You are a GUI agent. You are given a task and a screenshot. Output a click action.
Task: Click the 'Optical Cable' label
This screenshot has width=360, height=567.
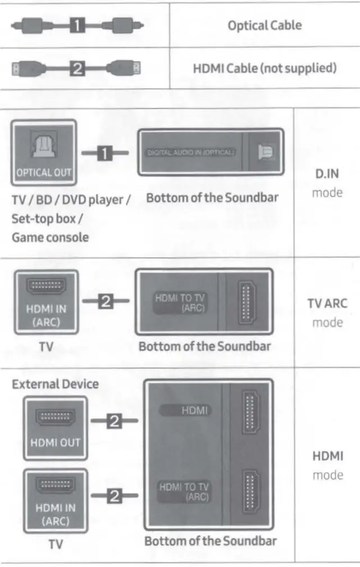coord(263,25)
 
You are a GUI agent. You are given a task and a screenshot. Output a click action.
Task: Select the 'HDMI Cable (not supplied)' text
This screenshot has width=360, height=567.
coord(265,69)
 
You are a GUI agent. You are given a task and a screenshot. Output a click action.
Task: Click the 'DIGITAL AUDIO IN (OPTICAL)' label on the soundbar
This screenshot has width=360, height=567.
coord(192,152)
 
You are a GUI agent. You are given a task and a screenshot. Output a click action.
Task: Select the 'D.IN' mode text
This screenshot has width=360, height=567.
coord(327,174)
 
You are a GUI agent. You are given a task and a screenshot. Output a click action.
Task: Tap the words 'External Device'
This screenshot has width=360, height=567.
coord(55,384)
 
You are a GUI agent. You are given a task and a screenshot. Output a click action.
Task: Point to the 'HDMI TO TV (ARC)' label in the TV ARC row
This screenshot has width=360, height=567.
coord(179,303)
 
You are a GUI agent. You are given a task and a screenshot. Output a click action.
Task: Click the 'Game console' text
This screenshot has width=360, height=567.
coord(50,237)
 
